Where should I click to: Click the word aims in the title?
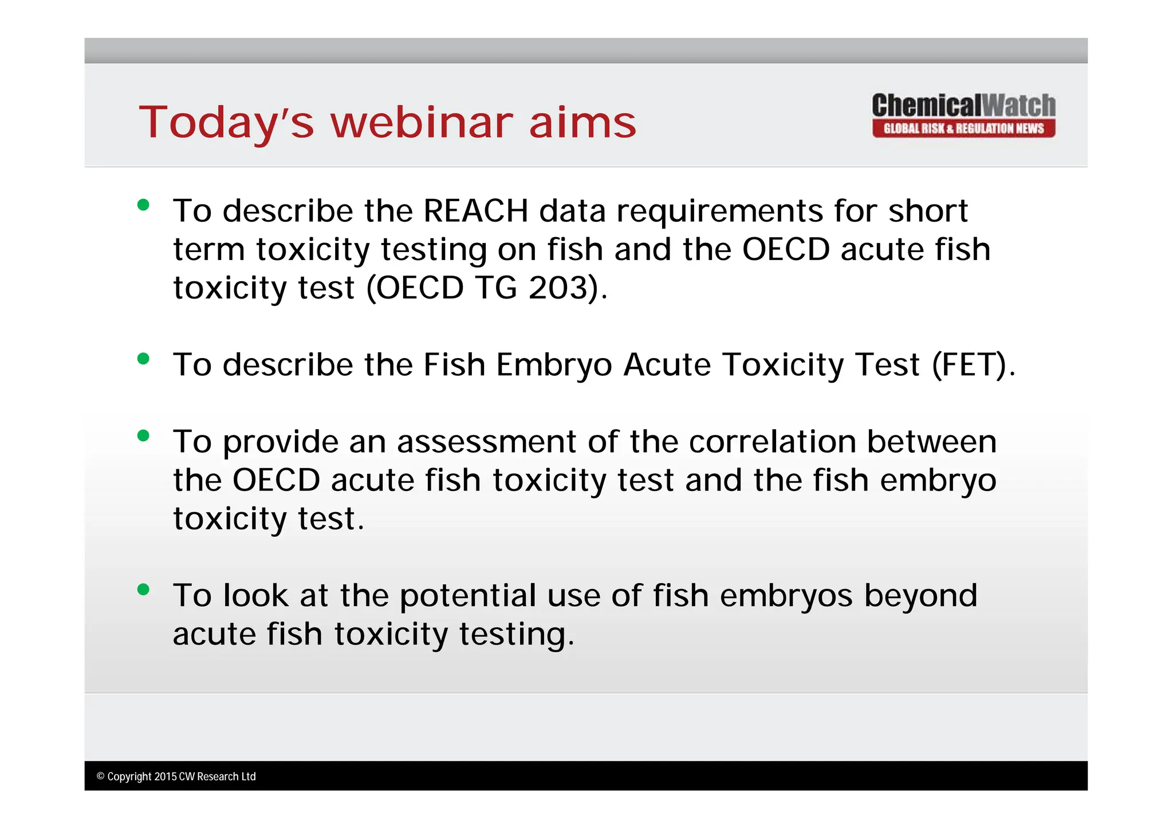click(x=582, y=123)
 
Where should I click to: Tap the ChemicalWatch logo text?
click(x=963, y=106)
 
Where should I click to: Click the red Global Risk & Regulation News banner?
click(x=963, y=128)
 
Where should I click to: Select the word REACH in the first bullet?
click(x=475, y=211)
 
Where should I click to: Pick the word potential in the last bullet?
click(x=467, y=596)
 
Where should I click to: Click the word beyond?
click(x=920, y=596)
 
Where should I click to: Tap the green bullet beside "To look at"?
click(x=143, y=589)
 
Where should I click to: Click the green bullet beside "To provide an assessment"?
click(x=143, y=435)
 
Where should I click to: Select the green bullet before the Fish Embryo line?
click(x=143, y=359)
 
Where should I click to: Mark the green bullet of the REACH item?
click(x=143, y=205)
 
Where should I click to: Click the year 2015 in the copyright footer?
click(x=166, y=777)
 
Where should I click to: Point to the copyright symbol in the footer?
click(x=101, y=777)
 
